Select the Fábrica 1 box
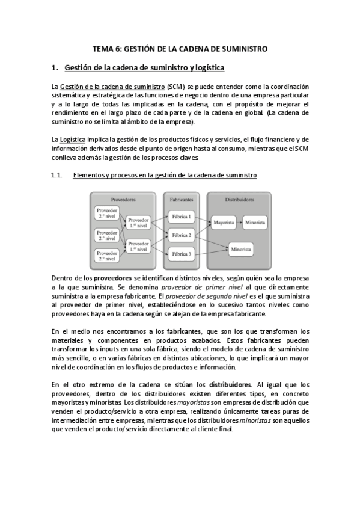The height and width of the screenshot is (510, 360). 181,217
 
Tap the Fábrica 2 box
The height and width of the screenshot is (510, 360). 181,235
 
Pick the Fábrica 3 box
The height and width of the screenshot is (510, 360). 181,254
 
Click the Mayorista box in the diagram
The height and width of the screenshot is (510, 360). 223,223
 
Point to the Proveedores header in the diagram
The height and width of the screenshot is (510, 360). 123,198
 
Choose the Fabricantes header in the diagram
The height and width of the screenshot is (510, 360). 182,198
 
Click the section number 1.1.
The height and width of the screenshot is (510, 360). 57,175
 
